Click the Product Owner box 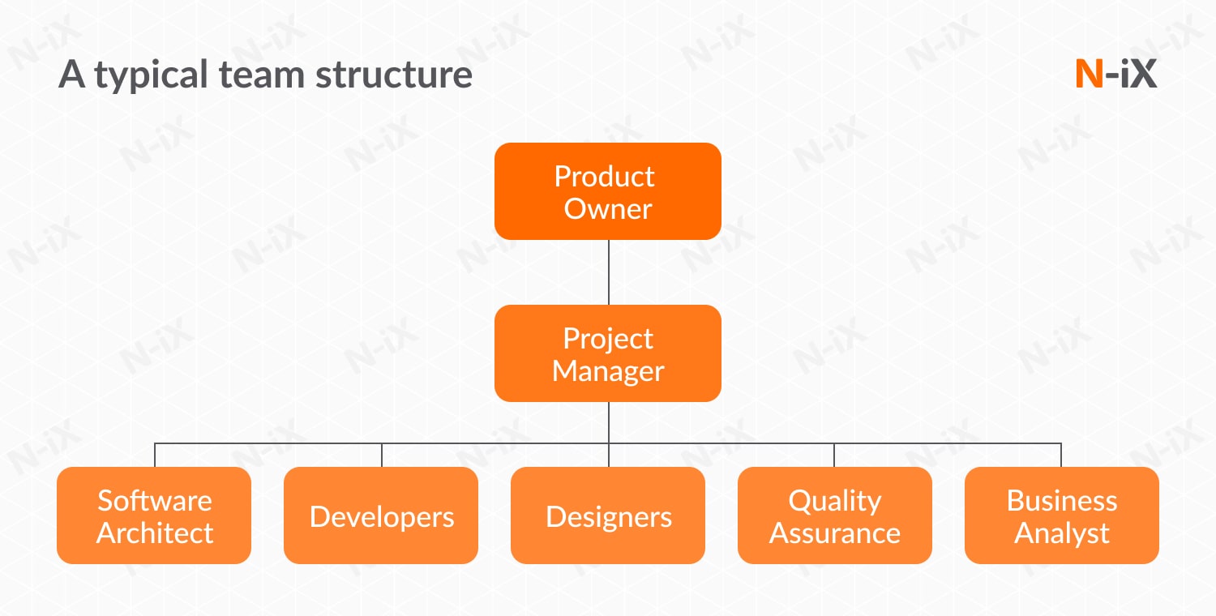pyautogui.click(x=607, y=191)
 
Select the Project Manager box pyautogui.click(x=607, y=353)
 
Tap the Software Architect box pyautogui.click(x=154, y=515)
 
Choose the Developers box pyautogui.click(x=381, y=515)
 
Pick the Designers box pyautogui.click(x=608, y=515)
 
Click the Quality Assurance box pyautogui.click(x=835, y=515)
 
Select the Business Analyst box pyautogui.click(x=1062, y=515)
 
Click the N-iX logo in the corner pyautogui.click(x=1115, y=75)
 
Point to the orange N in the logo pyautogui.click(x=1089, y=75)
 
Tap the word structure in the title pyautogui.click(x=393, y=75)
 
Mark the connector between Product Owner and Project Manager pyautogui.click(x=608, y=272)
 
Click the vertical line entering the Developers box pyautogui.click(x=382, y=455)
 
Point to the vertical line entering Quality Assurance pyautogui.click(x=834, y=455)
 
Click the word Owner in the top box pyautogui.click(x=607, y=209)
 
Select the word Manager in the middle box pyautogui.click(x=607, y=371)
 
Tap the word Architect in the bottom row pyautogui.click(x=154, y=533)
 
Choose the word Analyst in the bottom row pyautogui.click(x=1062, y=533)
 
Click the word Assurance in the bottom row pyautogui.click(x=835, y=533)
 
